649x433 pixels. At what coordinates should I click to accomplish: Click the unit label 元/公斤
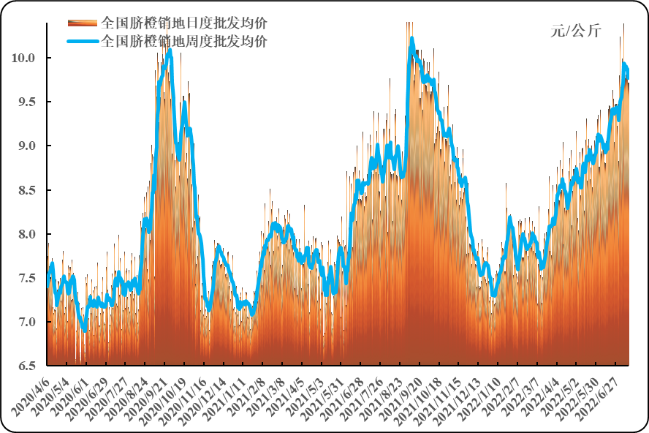point(575,30)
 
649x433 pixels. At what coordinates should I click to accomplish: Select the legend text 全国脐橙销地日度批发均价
point(183,22)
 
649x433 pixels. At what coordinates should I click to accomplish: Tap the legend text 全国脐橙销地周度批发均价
point(183,41)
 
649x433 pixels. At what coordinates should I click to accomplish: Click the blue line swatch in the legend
point(83,41)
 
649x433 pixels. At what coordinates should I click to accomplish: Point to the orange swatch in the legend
point(83,22)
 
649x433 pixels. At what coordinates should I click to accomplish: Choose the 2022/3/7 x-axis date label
point(528,394)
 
